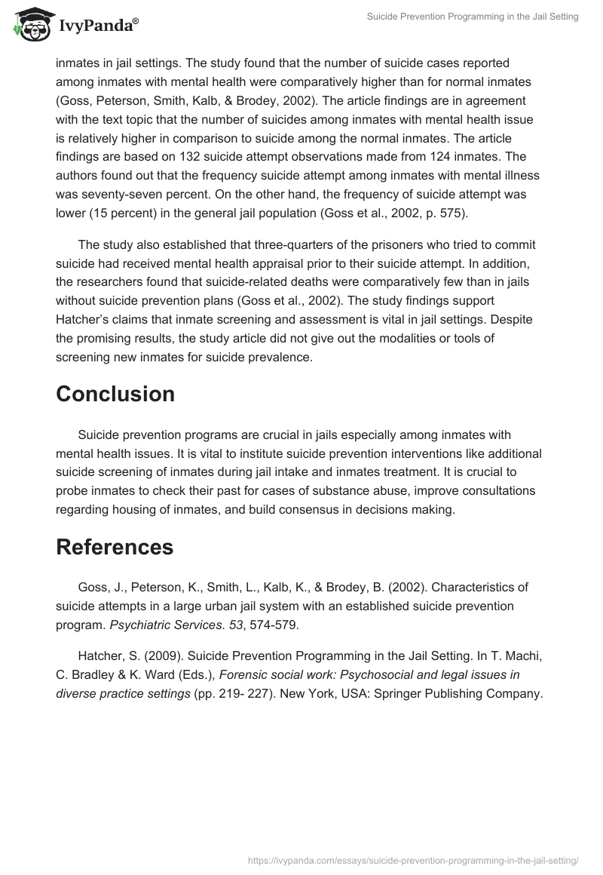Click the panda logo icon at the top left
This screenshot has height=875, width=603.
[x=28, y=24]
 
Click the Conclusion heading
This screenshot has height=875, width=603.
[x=115, y=394]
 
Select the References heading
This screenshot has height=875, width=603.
[x=115, y=547]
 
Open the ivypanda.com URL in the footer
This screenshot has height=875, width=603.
[x=413, y=859]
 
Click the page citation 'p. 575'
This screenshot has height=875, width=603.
[x=442, y=213]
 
